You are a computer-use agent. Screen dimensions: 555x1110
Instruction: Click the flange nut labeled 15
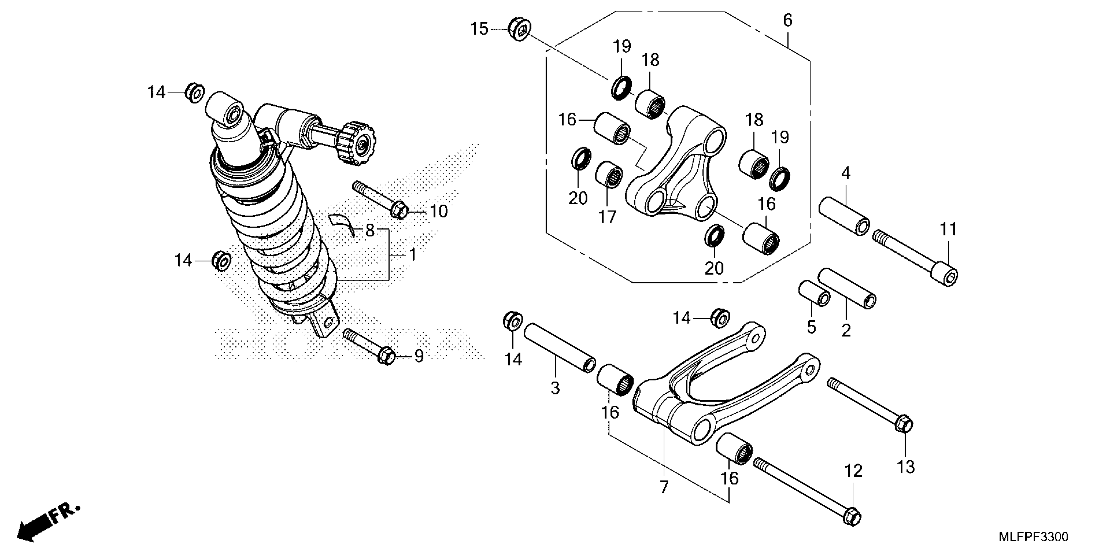(x=519, y=29)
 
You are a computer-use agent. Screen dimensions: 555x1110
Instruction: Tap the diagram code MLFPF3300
(x=1033, y=537)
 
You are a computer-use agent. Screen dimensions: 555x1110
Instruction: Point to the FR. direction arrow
(x=47, y=524)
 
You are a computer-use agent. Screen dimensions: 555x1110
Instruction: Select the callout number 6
(x=787, y=20)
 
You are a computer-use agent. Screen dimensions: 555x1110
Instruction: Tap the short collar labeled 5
(x=814, y=294)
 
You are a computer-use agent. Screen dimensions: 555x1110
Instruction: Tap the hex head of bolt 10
(x=400, y=210)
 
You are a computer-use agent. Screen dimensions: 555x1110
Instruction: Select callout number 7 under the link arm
(x=664, y=487)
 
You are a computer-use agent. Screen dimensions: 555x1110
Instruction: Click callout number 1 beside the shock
(x=413, y=255)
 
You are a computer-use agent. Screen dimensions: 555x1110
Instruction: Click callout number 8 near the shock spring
(x=370, y=231)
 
